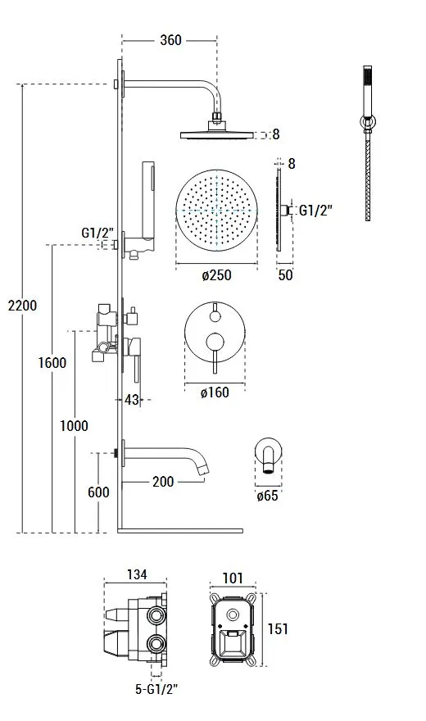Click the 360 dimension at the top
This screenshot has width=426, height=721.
170,40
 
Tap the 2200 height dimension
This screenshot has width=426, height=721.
22,306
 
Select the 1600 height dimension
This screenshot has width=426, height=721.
52,363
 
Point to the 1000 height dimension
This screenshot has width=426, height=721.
74,426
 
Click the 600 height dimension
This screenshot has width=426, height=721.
98,492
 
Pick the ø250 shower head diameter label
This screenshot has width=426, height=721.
216,275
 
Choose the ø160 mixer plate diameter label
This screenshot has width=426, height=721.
215,392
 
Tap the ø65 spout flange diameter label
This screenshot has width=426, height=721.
267,496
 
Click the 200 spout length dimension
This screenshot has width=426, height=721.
163,482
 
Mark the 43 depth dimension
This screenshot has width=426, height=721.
131,400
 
